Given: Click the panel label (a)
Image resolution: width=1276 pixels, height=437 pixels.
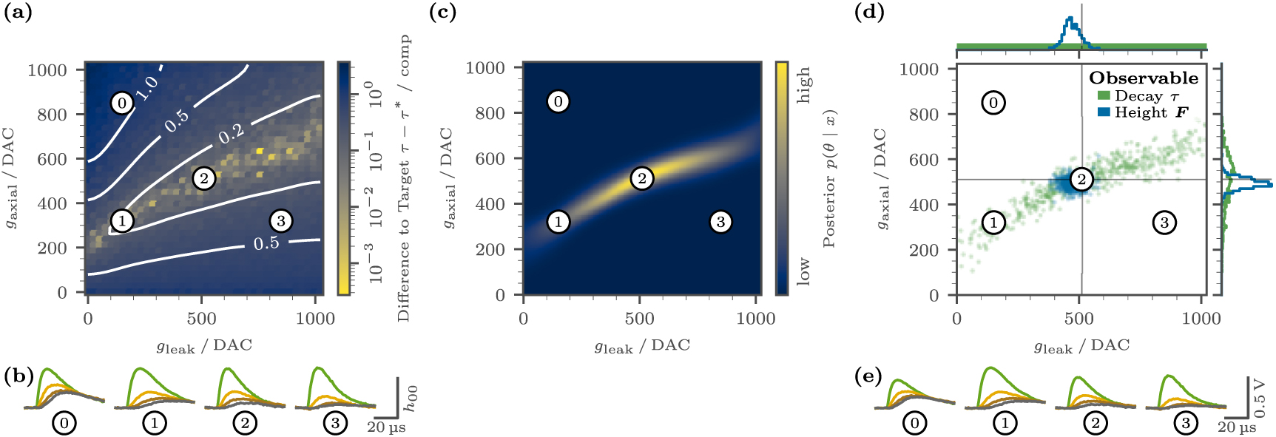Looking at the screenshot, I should coord(18,13).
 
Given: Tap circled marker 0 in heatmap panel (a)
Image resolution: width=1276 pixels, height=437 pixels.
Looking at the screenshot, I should coord(122,103).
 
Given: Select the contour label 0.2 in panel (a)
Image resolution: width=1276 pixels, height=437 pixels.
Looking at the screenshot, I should coord(231,134).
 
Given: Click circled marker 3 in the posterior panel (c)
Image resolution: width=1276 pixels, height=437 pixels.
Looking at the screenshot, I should coord(720,221).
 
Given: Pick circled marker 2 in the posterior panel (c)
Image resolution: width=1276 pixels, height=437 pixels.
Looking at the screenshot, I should coord(641,178).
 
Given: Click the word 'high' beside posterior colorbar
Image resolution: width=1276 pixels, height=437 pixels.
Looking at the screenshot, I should coord(804,85).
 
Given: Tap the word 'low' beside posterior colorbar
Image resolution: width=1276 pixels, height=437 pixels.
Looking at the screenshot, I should coord(804,271).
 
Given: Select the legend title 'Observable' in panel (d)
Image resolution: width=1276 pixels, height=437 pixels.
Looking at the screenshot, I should coord(1143,78).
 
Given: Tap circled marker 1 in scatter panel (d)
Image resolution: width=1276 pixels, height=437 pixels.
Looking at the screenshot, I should coord(993,222).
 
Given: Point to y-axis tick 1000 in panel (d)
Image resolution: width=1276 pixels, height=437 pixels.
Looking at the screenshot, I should coord(919,69).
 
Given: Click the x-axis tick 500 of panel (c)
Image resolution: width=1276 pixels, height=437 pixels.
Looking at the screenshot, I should coord(639,319).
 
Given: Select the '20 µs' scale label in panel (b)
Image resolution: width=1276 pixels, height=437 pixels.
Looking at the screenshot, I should coord(386,427).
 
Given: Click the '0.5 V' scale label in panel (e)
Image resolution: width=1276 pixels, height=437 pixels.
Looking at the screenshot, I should coord(1260,398).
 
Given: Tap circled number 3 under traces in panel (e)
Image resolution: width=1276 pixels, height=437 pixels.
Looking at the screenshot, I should coord(1186,423).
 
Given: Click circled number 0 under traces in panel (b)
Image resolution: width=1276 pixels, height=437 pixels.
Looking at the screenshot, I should coord(64,423).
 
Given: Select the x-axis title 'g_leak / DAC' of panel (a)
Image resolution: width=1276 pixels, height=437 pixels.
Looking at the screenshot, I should coord(204,345).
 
